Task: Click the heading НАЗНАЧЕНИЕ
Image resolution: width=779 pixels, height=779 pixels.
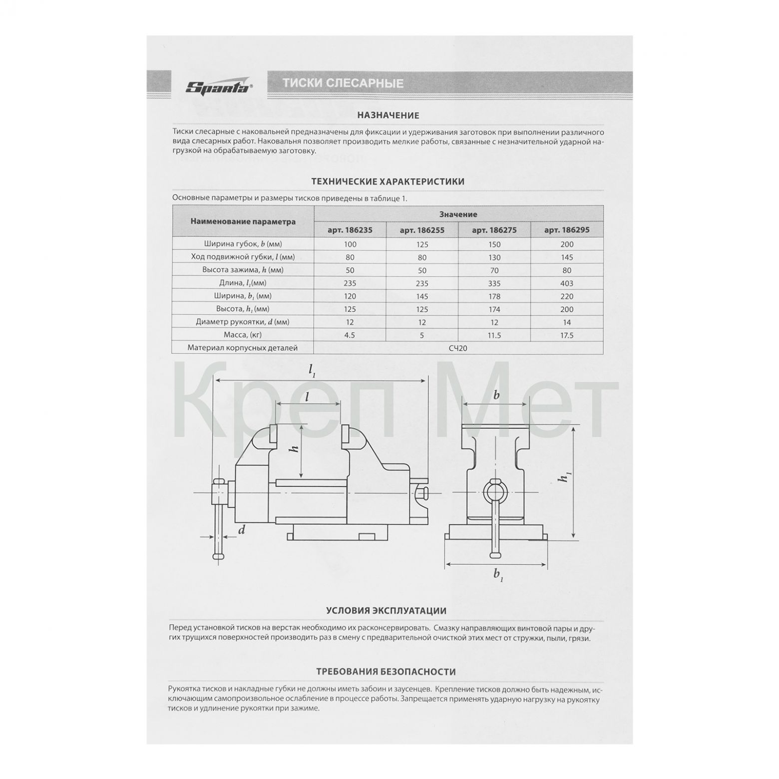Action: [x=388, y=115]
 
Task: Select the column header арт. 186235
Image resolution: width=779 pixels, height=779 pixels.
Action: [x=350, y=230]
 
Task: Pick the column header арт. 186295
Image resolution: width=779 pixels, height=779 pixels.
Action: [x=567, y=230]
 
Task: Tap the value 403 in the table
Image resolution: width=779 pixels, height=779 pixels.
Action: [x=567, y=283]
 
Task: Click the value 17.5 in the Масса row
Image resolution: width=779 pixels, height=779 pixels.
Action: [x=567, y=335]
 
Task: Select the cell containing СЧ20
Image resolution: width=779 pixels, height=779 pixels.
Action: [x=458, y=348]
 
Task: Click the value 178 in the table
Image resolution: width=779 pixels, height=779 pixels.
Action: [x=494, y=296]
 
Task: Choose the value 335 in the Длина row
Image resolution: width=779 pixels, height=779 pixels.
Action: [x=494, y=283]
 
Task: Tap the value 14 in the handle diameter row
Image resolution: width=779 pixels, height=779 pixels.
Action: [x=567, y=322]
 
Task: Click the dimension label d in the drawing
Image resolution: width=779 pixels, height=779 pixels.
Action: [x=242, y=530]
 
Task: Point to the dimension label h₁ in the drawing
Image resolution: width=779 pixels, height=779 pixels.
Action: [x=565, y=478]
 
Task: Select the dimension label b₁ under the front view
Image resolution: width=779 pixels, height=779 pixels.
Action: [x=498, y=575]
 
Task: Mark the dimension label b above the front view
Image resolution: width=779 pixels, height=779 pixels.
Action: [x=496, y=395]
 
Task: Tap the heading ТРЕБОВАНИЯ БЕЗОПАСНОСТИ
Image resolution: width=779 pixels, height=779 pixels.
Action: [x=386, y=672]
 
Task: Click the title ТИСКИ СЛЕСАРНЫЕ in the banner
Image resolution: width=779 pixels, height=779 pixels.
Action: [x=343, y=83]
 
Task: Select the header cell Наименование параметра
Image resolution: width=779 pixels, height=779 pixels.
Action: [x=243, y=222]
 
